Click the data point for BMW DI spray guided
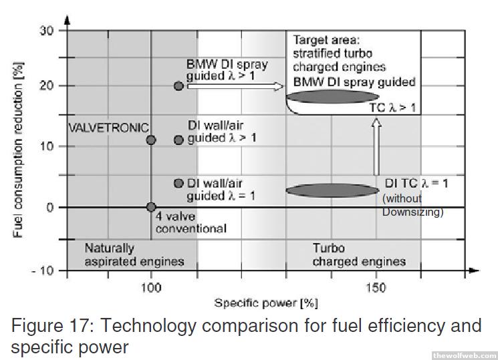[x=178, y=86]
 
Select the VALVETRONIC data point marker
[x=151, y=140]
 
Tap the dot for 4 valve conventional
[x=151, y=207]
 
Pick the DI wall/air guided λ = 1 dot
[x=178, y=183]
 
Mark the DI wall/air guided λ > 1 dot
[x=178, y=140]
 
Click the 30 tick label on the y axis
[x=46, y=30]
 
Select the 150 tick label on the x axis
[x=376, y=287]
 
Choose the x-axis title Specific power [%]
[x=266, y=303]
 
